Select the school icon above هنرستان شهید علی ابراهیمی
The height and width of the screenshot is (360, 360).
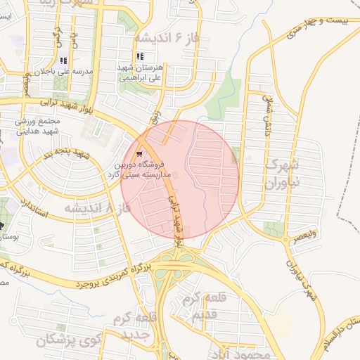click(x=141, y=56)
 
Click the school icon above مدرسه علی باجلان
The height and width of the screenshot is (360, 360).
click(x=64, y=60)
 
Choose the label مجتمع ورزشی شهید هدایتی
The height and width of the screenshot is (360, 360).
click(x=43, y=126)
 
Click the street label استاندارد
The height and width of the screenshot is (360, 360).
click(x=34, y=206)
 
